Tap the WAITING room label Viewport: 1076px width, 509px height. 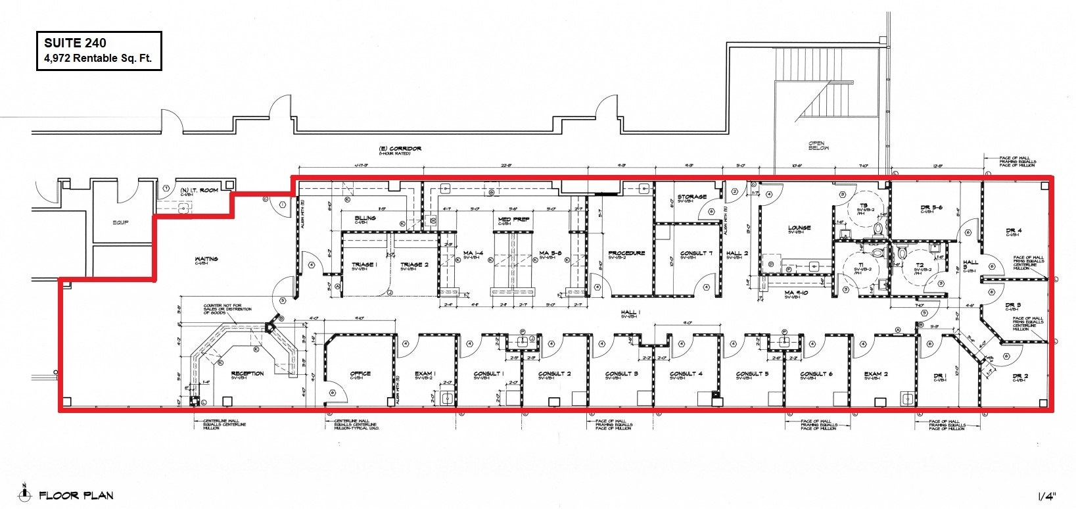click(x=207, y=259)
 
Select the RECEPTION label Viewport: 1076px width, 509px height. click(x=247, y=374)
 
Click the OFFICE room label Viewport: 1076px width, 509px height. click(x=360, y=374)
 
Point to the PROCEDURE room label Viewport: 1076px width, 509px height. click(x=626, y=253)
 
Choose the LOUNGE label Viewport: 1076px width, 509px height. click(x=799, y=228)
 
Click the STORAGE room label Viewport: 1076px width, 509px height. click(x=692, y=197)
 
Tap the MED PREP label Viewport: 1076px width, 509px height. click(x=514, y=219)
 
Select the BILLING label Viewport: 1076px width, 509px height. click(x=365, y=218)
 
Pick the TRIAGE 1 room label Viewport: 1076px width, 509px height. click(x=363, y=264)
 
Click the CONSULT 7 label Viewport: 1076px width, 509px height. click(x=695, y=253)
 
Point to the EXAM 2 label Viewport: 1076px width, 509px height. click(x=876, y=374)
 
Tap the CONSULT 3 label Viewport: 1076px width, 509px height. click(x=622, y=374)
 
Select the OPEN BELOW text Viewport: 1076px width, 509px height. click(x=819, y=145)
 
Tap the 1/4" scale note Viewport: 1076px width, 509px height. click(x=1046, y=495)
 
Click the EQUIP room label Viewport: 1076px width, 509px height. click(x=120, y=222)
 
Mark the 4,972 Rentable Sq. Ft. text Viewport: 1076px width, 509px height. click(x=98, y=58)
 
